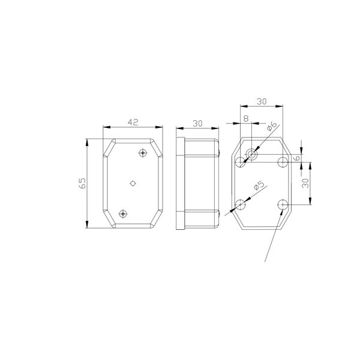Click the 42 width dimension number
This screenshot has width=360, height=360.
coord(133,122)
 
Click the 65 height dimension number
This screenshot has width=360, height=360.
coord(82,183)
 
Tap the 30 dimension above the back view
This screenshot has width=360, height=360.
coord(261,102)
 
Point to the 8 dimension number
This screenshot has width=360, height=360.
coord(246,118)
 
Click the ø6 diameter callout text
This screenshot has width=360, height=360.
coord(271,127)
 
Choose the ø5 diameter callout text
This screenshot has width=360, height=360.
coord(259,187)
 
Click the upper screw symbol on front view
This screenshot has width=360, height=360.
coord(143,154)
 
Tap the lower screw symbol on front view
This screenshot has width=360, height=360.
coord(124,213)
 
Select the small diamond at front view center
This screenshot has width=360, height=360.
coord(133,183)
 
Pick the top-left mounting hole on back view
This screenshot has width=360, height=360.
coord(241,162)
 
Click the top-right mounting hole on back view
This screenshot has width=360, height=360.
coord(282,162)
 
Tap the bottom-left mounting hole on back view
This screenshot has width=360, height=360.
coord(241,204)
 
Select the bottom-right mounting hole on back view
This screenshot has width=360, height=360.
coord(282,204)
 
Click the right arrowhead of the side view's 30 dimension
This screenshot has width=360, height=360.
coord(218,128)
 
